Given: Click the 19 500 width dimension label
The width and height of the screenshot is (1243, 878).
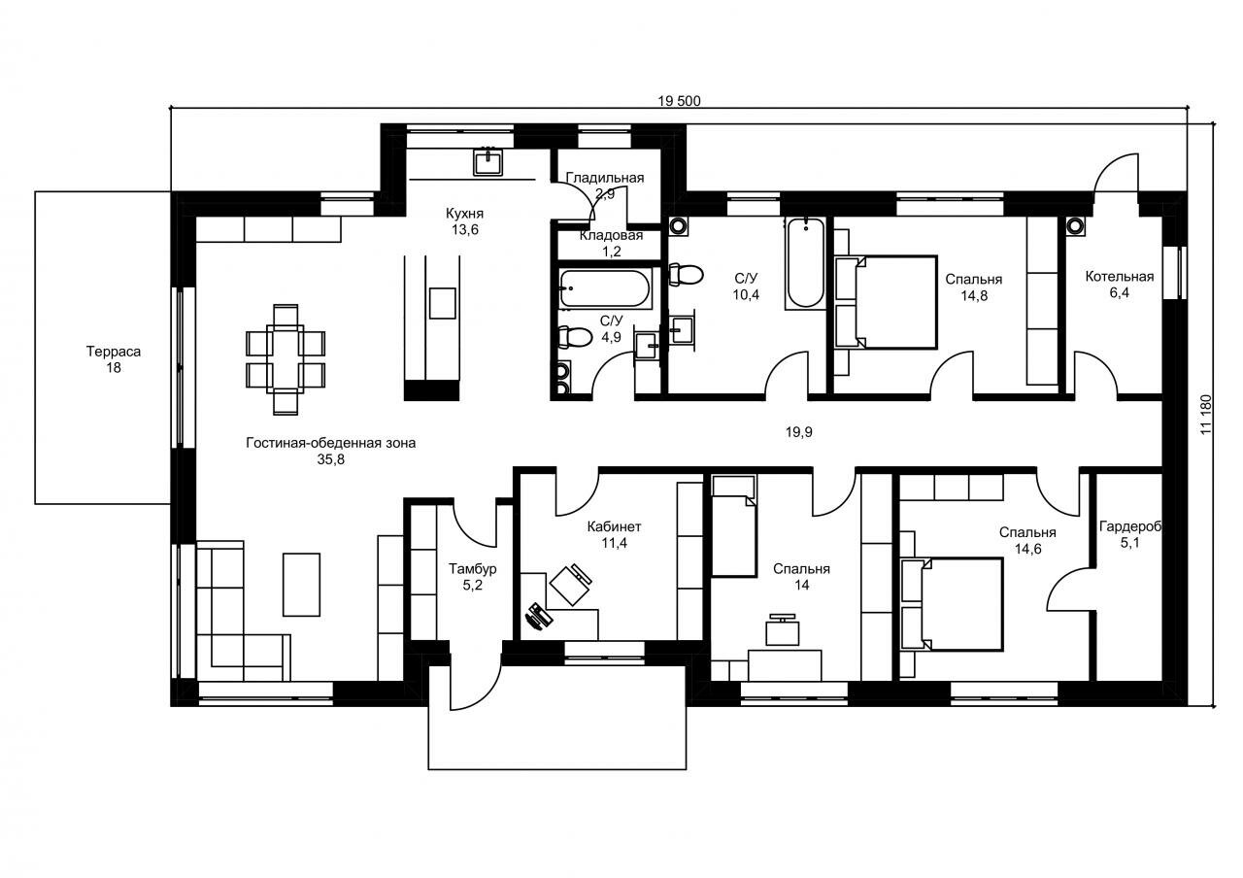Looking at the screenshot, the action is tap(679, 101).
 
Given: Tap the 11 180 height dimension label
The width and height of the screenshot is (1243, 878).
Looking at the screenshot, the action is tap(1205, 415).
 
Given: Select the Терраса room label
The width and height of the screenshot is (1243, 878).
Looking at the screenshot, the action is tap(114, 352).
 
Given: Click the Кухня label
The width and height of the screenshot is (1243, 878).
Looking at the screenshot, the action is tap(464, 213).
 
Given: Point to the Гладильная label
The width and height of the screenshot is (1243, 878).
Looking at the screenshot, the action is tap(605, 178).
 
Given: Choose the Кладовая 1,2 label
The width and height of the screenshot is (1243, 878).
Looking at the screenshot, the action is tap(612, 243).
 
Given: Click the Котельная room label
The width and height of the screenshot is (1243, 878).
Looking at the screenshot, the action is tap(1120, 277).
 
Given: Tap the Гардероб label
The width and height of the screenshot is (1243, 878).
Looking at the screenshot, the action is tap(1130, 526).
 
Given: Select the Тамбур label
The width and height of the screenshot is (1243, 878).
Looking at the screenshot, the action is tap(472, 568).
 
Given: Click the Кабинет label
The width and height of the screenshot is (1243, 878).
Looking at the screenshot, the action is tap(614, 526).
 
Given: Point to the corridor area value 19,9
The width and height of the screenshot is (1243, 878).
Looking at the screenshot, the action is tap(798, 432).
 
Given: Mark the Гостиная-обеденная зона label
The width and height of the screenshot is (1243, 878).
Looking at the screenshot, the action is tap(331, 443).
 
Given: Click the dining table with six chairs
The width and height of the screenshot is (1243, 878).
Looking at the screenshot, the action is tap(286, 359).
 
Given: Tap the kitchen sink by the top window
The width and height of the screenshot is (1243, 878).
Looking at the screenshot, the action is tap(488, 162).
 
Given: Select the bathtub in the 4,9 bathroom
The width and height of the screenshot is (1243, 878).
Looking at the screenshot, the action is tap(604, 288).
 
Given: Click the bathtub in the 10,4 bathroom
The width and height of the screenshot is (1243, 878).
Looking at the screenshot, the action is tap(805, 263).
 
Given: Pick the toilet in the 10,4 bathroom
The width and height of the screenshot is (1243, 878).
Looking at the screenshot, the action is tap(686, 275).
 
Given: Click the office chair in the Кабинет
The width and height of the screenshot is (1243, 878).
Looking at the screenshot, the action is tap(571, 584).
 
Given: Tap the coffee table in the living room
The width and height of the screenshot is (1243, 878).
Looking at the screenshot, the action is tap(301, 585).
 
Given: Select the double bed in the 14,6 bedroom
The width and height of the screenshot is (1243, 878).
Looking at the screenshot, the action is tap(952, 604).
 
